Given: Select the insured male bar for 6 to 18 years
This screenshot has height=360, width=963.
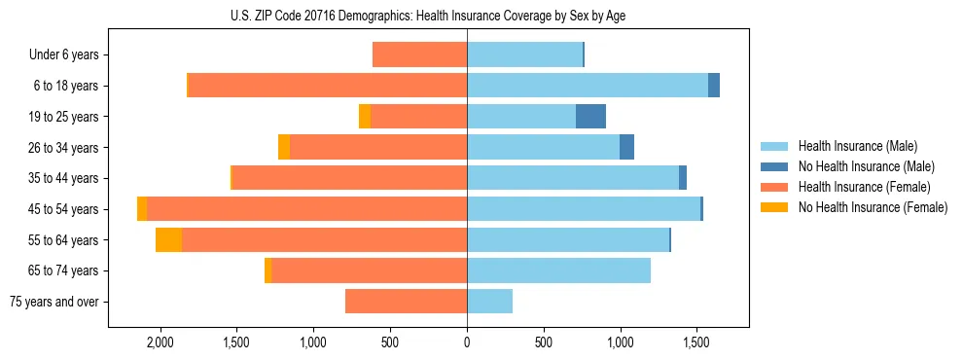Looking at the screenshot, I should tap(588, 85).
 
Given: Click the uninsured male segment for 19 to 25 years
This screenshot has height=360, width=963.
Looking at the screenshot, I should tap(590, 116).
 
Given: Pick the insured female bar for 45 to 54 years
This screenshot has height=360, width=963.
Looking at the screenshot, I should tap(306, 208).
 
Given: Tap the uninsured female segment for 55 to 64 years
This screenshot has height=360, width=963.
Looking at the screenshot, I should tap(169, 239).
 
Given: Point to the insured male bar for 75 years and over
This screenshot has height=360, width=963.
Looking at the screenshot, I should tap(489, 302).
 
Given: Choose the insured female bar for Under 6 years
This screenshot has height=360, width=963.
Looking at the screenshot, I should tap(419, 54).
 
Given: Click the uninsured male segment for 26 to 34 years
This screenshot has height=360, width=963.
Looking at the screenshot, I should tap(626, 147).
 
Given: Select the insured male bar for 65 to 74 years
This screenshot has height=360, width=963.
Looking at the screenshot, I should tap(558, 270).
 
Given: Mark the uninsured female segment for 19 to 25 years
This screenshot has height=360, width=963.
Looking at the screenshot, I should tap(365, 116).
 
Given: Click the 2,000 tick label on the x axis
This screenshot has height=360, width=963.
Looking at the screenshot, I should tap(160, 342).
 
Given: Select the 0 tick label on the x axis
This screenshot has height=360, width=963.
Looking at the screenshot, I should tap(467, 342).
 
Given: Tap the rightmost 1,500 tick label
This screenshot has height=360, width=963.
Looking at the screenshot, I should tap(696, 342).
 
